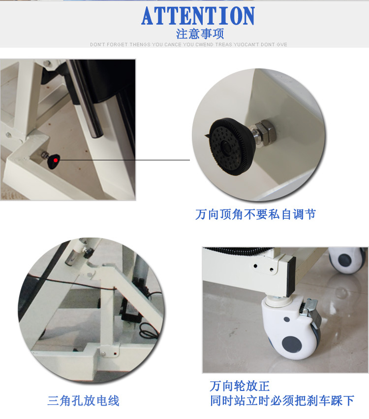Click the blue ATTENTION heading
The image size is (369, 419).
pos(198,16)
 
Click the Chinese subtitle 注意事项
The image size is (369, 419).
pos(200,34)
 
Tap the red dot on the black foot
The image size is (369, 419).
pos(56,160)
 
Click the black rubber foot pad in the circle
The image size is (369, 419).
pos(230,147)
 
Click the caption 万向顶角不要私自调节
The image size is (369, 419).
pos(256,214)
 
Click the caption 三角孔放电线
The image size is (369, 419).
pos(84,401)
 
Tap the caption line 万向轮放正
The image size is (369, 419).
pos(240,386)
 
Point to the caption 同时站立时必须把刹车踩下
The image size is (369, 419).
pos(282,401)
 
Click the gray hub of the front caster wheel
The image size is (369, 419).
pos(292,345)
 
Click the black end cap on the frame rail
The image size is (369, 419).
pos(291,276)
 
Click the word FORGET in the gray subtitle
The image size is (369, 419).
pos(117,45)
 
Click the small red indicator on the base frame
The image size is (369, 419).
pos(115,354)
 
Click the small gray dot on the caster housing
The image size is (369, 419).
pos(286,319)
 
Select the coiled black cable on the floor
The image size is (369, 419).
pos(149,330)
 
